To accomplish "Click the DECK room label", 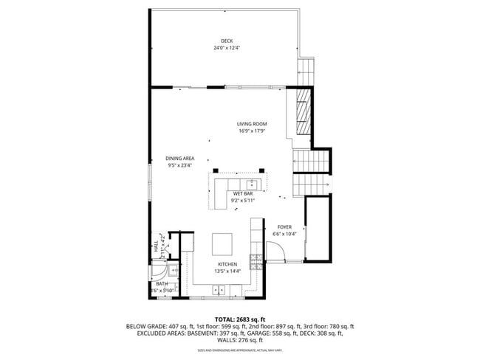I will pos(226,41).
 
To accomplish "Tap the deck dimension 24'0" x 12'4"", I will pos(226,48).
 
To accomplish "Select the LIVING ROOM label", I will pos(252,124).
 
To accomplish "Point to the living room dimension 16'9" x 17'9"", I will pos(252,131).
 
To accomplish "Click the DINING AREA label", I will pos(179,159).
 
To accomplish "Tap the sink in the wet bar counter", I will pos(252,182).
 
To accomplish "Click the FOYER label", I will pos(284,226).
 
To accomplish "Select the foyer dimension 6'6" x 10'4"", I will pos(284,234).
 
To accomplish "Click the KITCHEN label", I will pos(227,264).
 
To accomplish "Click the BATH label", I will pos(161,283).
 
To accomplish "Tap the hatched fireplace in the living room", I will pos(302,115).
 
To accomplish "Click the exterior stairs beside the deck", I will pos(306,72).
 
